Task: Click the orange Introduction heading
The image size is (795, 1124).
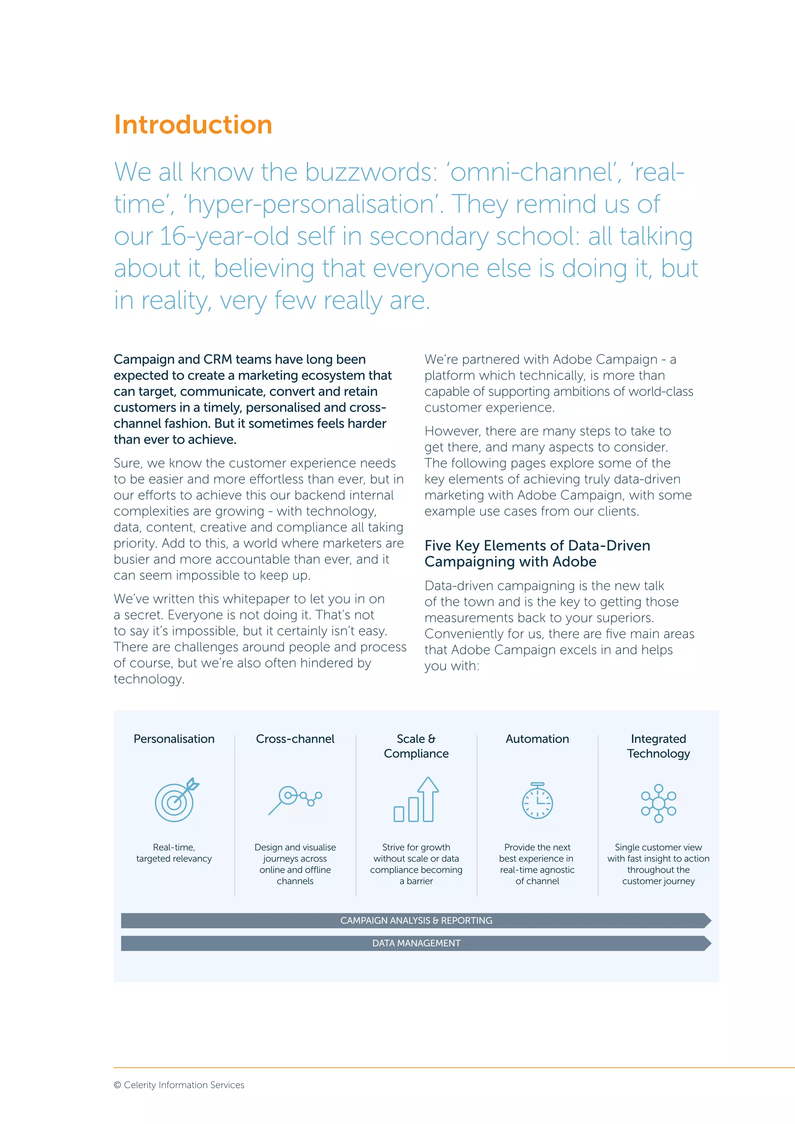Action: point(193,125)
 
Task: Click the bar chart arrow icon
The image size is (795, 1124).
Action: point(417,800)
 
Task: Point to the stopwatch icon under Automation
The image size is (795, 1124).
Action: point(537,801)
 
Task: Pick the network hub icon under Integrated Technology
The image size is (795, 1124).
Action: point(658,803)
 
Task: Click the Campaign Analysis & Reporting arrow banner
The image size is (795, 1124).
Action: point(416,920)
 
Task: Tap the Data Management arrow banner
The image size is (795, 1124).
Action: point(416,943)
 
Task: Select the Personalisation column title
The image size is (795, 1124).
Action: point(174,739)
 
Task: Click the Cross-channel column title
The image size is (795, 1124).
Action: point(295,739)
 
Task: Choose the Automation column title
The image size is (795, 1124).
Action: point(537,739)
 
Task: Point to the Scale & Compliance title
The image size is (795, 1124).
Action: point(416,746)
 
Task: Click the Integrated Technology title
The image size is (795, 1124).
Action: point(658,746)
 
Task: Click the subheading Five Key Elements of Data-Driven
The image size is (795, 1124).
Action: point(537,545)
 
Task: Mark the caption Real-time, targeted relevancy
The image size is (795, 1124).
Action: point(174,853)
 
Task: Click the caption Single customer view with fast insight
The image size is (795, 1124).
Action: point(658,853)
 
